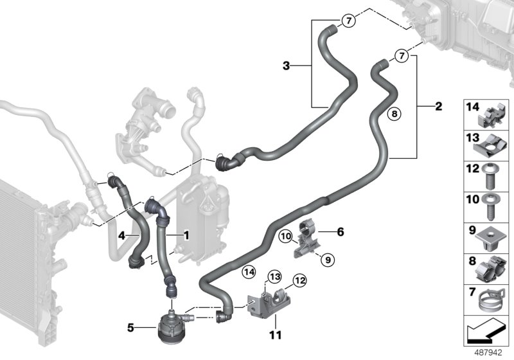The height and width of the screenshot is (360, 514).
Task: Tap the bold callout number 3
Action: tap(287, 65)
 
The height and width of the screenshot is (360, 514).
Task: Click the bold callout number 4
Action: tap(120, 235)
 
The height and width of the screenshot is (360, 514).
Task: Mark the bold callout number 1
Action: tap(186, 235)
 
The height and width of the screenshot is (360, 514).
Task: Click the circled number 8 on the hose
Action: tap(395, 114)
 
